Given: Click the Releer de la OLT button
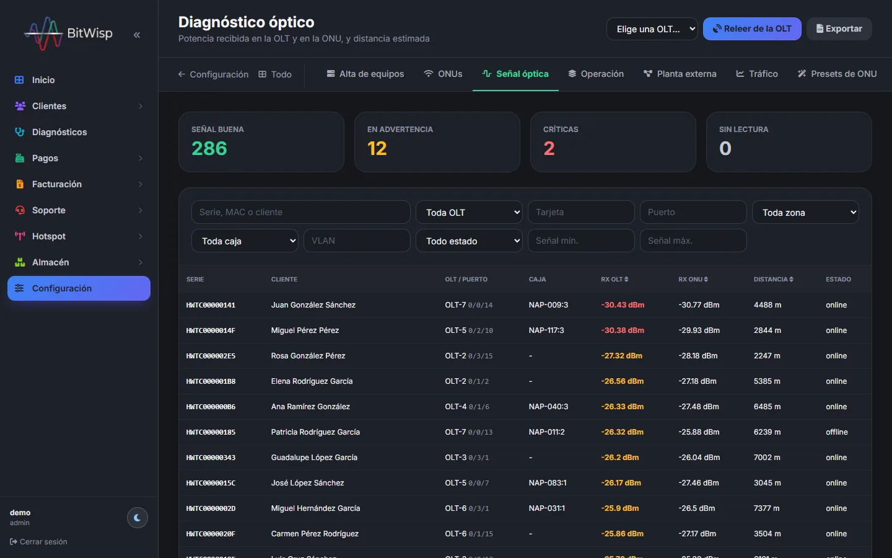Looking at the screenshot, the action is pos(752,29).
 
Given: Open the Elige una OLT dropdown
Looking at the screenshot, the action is pos(652,29).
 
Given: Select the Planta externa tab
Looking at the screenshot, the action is pos(680,74).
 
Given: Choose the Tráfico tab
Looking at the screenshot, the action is pos(756,74).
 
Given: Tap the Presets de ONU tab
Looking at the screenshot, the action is pos(837,74).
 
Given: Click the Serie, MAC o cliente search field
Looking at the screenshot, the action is pos(300,212).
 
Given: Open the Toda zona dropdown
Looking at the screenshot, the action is pos(805,212).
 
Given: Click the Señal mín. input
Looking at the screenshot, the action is pos(581,241).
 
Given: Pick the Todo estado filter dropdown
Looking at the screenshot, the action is pos(469,241).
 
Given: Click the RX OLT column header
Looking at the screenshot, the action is pos(614,280).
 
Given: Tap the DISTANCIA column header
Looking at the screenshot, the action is pos(773,280).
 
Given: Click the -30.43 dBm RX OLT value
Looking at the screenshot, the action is pos(623,305).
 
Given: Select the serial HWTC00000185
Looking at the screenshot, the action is pos(211,432).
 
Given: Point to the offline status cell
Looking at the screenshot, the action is pos(837,432).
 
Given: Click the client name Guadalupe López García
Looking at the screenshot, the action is pos(314,458).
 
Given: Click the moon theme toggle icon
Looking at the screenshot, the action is pos(138,518).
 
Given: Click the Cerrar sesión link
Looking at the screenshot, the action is pos(38,542).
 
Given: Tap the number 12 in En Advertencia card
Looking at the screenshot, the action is pos(377,148).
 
